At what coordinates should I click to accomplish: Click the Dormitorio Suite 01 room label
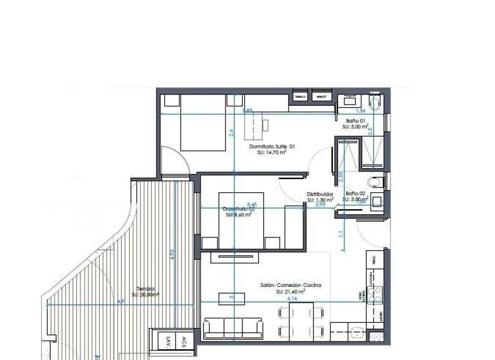272,146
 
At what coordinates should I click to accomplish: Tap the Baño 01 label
355,121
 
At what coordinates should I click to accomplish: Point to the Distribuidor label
320,194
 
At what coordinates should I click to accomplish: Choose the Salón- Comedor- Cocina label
291,286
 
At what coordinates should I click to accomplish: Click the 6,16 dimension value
292,299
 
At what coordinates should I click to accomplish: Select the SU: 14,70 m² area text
272,152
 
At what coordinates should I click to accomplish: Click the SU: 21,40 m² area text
290,292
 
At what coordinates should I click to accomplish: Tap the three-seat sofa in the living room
233,328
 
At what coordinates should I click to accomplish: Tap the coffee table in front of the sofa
231,297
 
